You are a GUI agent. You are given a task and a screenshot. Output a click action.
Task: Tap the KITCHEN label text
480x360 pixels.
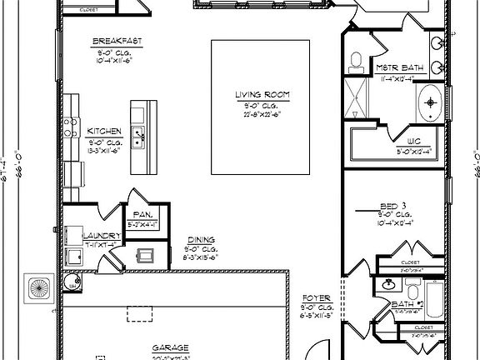(105, 132)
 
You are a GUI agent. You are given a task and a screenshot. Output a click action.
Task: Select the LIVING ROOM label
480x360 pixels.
(262, 96)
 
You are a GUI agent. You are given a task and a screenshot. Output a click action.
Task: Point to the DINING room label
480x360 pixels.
(200, 239)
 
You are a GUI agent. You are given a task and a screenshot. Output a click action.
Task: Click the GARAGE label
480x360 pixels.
(169, 347)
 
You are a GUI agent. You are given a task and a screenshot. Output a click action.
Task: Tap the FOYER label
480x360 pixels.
(316, 297)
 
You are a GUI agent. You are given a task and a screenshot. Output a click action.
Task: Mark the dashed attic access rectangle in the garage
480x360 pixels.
(139, 312)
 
